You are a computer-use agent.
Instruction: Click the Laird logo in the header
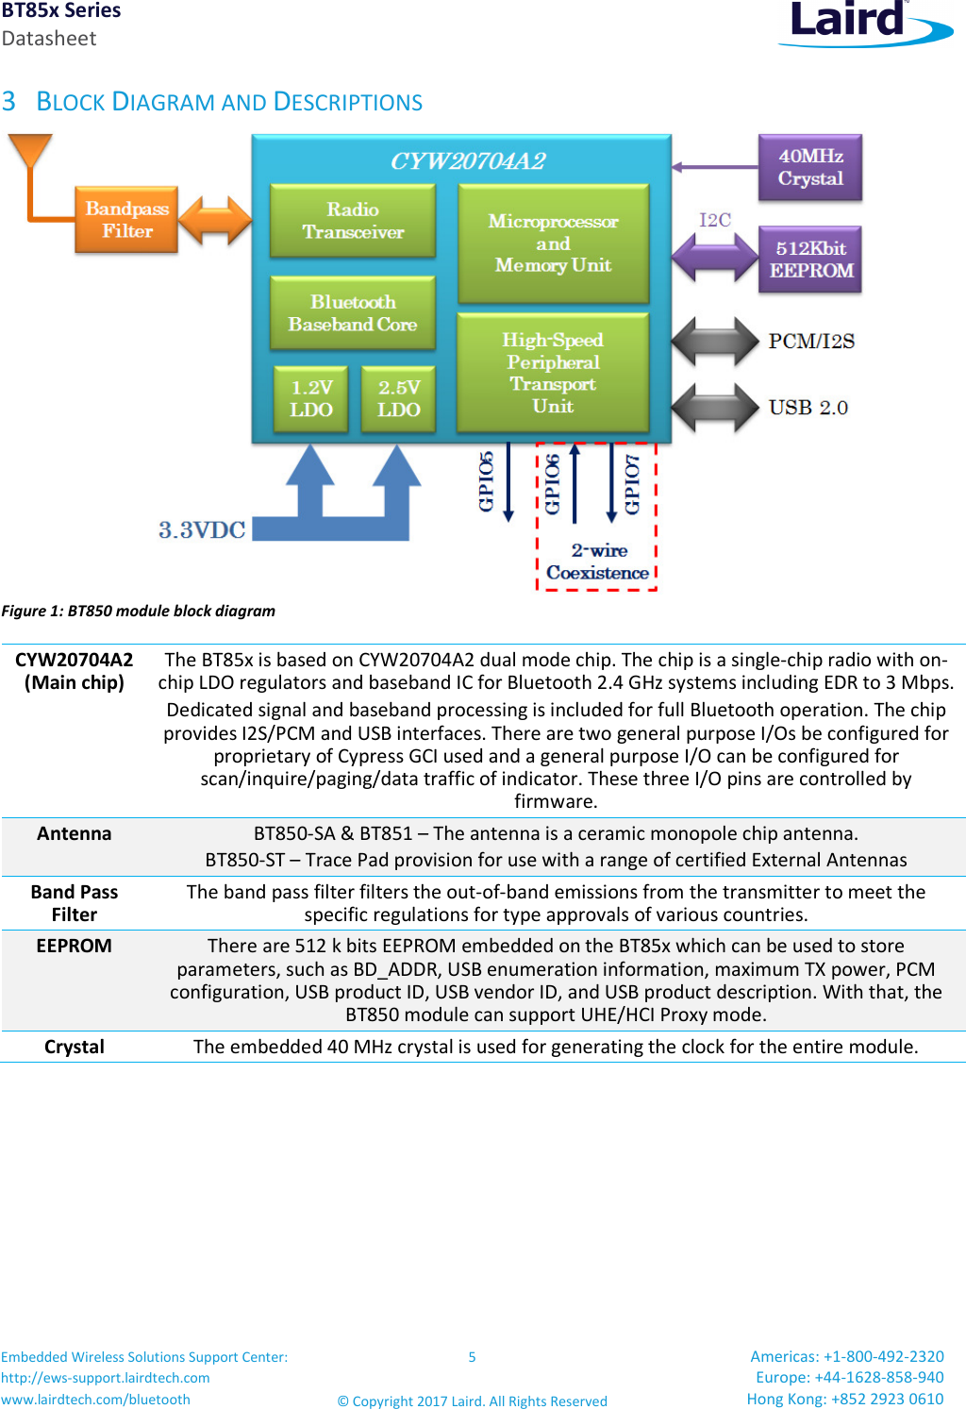coord(863,23)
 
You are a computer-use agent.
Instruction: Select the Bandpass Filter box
coord(126,220)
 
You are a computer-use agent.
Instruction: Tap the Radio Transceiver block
coord(353,221)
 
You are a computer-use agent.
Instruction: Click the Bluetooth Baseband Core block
coord(353,313)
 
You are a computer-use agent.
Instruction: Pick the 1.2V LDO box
coord(310,399)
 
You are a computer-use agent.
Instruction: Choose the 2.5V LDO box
coord(398,399)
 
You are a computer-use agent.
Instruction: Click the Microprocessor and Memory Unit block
coord(553,243)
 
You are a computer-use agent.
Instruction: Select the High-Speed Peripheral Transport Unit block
coord(553,373)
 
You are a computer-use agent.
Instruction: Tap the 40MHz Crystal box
coord(810,168)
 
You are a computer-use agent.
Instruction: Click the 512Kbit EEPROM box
coord(810,260)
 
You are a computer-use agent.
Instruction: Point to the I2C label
coord(714,220)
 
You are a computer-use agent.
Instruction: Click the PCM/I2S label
coord(811,341)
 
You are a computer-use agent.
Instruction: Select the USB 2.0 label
coord(808,408)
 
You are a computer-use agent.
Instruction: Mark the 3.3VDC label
coord(202,530)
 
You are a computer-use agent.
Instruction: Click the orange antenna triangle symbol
coord(30,150)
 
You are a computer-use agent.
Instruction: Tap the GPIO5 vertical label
coord(486,481)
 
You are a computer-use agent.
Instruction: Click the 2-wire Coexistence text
coord(598,562)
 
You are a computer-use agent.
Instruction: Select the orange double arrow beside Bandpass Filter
coord(215,221)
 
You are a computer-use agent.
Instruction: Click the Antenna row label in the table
coord(75,833)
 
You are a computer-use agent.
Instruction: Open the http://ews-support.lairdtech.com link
coord(106,1378)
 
